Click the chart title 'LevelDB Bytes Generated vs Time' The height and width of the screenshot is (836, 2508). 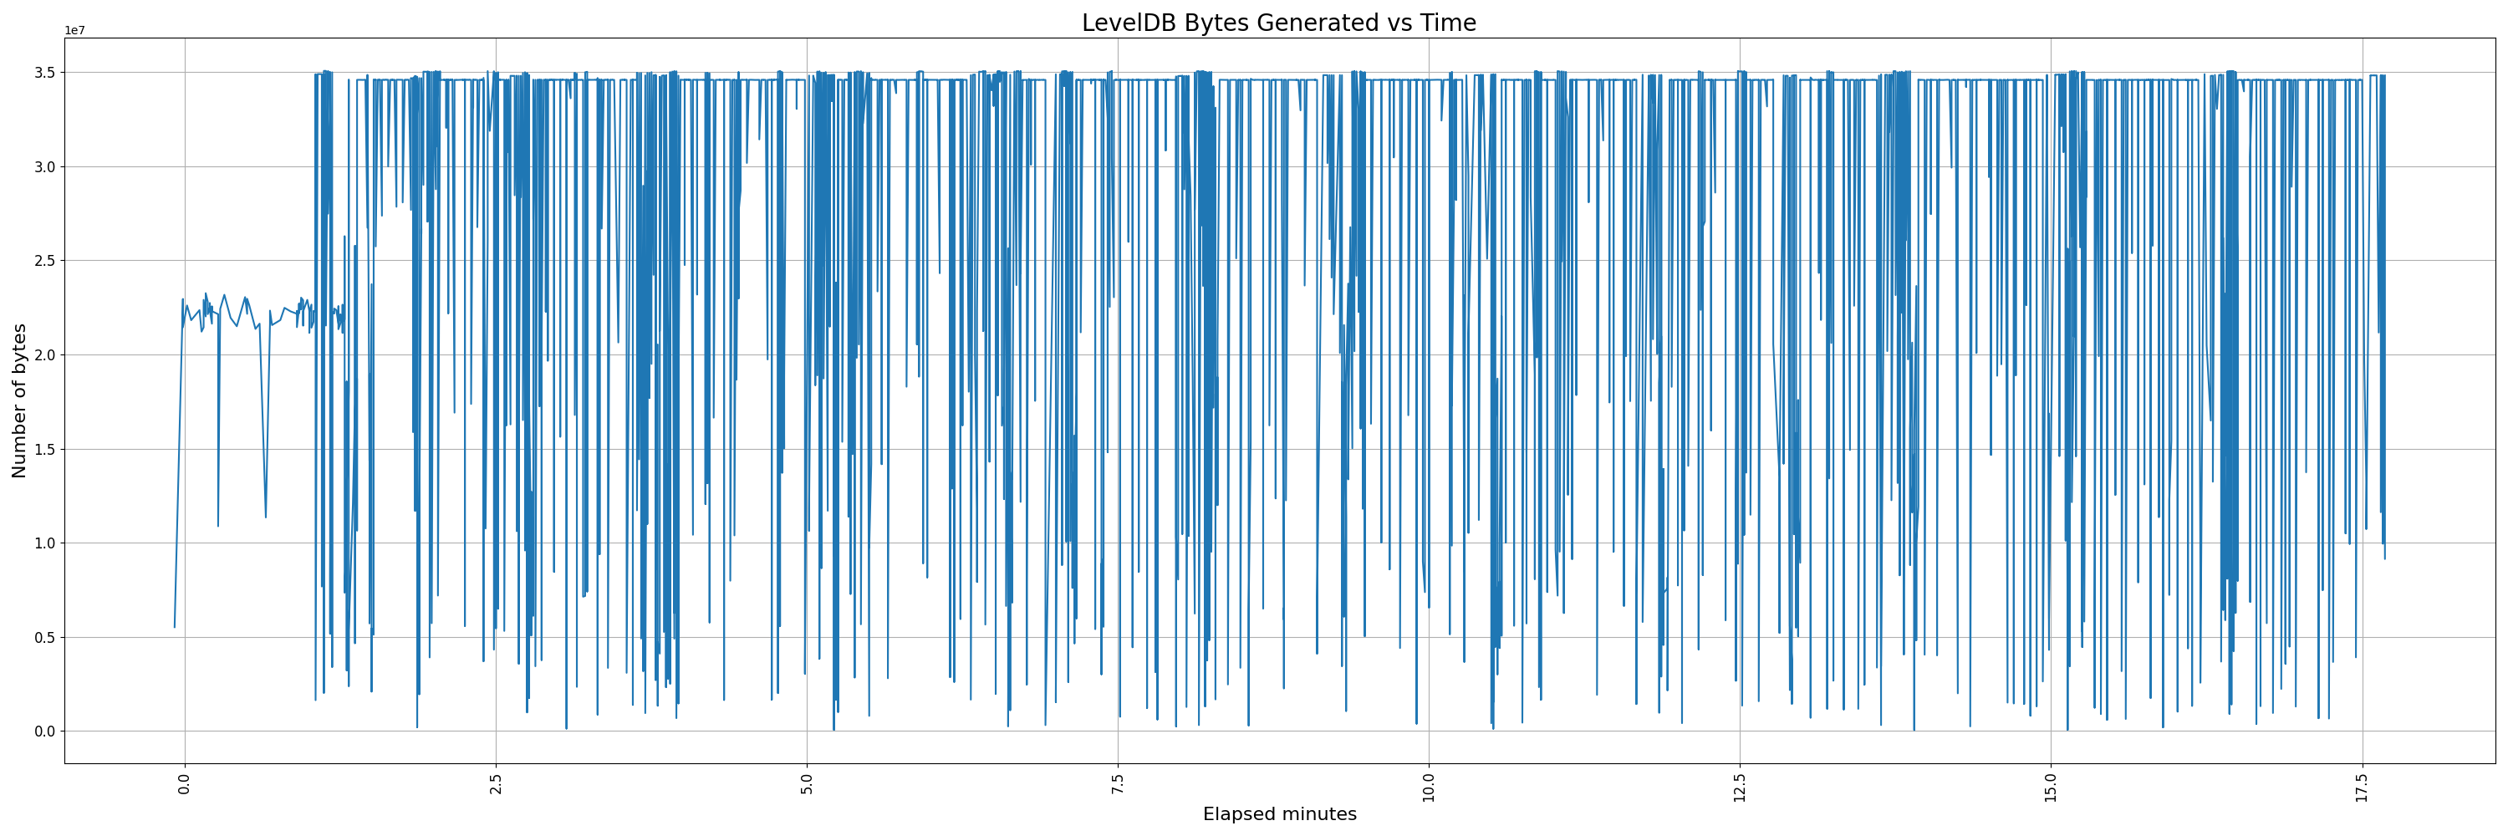[1278, 23]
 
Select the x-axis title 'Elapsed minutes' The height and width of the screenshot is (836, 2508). [1279, 814]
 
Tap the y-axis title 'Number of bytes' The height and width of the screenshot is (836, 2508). [19, 401]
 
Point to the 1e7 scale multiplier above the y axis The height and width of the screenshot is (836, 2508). [74, 30]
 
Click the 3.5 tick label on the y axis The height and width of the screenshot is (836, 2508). [46, 73]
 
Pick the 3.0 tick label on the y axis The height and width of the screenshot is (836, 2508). [46, 167]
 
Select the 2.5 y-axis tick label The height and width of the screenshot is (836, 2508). [46, 261]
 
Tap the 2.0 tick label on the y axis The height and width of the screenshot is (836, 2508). [46, 355]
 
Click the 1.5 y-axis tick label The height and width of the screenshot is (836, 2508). [46, 450]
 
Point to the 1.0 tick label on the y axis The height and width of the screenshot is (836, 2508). [46, 543]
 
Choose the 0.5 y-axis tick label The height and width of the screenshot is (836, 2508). [46, 638]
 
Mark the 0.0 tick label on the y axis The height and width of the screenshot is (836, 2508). [46, 731]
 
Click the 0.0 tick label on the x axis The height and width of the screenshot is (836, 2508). [185, 783]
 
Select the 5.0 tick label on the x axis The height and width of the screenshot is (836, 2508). [807, 783]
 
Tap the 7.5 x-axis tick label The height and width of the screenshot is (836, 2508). [1118, 783]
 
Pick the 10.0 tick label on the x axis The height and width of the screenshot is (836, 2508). [1428, 787]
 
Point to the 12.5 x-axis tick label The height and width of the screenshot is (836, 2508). [1740, 787]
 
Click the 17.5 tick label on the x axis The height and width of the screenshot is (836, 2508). [2362, 787]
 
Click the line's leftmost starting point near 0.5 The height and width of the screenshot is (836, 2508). [176, 627]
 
